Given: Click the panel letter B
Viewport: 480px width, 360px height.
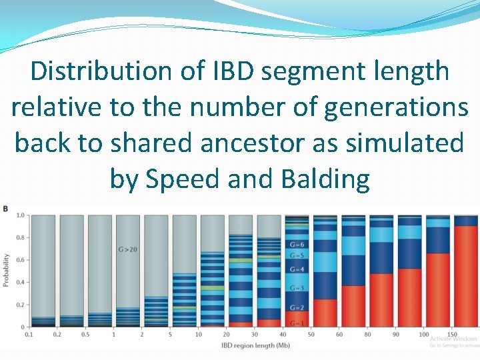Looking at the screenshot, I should point(5,209).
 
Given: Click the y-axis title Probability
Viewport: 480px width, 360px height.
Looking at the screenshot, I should point(7,270).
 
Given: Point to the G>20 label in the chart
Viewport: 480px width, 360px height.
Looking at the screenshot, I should point(129,249).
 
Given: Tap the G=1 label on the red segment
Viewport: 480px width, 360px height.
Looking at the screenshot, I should point(297,323).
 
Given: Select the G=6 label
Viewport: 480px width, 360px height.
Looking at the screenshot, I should point(297,245).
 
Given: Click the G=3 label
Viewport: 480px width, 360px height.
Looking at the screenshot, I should point(297,288).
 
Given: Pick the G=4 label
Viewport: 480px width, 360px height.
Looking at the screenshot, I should point(297,269).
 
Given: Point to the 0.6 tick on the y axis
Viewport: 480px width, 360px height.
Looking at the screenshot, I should point(21,260).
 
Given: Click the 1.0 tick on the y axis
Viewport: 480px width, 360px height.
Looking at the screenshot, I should point(21,215).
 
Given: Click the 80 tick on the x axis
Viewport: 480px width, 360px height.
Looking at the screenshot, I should point(368,334).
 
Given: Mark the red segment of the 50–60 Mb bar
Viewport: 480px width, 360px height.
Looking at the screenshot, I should point(325,313).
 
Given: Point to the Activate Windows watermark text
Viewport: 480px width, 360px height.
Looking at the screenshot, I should point(454,339).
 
